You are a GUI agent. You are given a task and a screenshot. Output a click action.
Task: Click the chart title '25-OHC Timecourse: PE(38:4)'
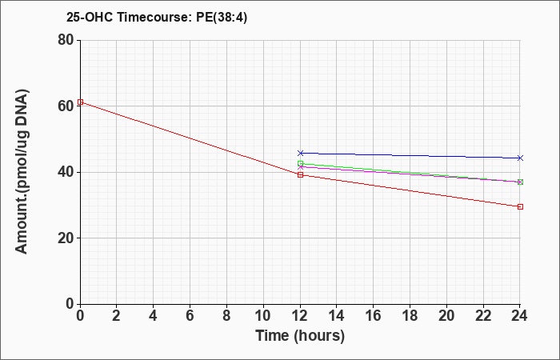157,17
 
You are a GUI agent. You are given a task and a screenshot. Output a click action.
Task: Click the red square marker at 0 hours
80,102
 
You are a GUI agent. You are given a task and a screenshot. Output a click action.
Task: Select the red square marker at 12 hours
300,174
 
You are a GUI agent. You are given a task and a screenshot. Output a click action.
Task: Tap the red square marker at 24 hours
520,206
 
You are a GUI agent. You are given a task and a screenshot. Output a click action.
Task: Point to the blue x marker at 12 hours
300,154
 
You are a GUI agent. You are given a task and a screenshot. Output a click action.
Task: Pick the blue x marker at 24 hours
520,158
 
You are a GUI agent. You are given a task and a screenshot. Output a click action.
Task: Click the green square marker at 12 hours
300,163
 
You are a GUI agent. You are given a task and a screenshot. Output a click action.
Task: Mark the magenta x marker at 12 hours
300,166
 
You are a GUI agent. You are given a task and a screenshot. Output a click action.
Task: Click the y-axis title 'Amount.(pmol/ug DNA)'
22,171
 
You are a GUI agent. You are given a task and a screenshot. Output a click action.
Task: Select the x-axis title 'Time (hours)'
300,336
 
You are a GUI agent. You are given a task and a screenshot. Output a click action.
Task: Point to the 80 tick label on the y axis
66,40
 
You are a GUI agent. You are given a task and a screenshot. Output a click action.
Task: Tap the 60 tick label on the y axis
66,106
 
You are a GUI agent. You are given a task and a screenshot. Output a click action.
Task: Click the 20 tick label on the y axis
66,238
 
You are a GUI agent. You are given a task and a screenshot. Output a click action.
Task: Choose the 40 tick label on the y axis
66,172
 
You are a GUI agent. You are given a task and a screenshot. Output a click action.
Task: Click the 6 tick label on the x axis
190,316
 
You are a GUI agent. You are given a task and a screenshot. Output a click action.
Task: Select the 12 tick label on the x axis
300,316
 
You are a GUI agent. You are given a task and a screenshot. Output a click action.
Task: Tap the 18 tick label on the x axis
410,316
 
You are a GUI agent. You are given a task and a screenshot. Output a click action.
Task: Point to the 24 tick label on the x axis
519,316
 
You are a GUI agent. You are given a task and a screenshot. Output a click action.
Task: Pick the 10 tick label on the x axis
263,316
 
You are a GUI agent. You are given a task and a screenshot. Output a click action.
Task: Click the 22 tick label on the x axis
483,316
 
